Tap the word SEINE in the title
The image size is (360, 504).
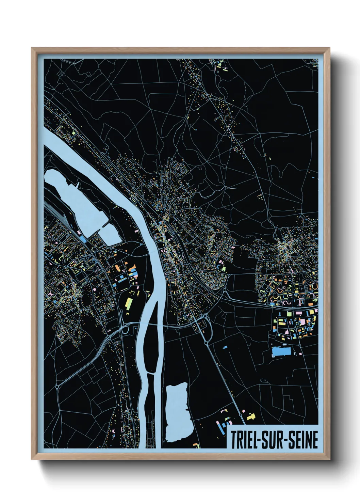(304, 440)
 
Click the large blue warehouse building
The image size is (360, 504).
(281, 351)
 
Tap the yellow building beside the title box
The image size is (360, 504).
(251, 416)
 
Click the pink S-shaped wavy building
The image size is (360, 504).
(287, 302)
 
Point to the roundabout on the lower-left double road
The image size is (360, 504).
(57, 387)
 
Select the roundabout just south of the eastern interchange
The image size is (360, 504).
(207, 344)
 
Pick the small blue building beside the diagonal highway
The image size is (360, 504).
(225, 347)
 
